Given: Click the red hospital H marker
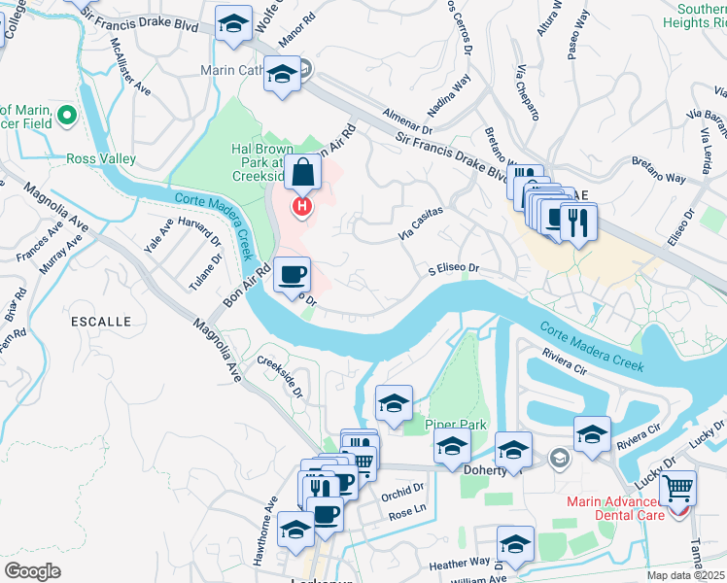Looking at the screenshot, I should click(x=303, y=206).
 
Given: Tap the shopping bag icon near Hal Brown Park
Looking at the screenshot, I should click(x=303, y=173).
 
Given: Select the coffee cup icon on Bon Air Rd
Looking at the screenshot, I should click(x=292, y=275).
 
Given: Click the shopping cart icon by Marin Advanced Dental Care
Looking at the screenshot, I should click(x=677, y=488).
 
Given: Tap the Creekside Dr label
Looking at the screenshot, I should click(x=280, y=378).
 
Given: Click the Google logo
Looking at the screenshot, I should click(x=32, y=570).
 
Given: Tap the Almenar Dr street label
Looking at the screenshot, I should click(x=407, y=120).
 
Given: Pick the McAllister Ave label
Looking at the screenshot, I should click(x=130, y=67).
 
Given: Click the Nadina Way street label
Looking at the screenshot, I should click(x=448, y=97).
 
